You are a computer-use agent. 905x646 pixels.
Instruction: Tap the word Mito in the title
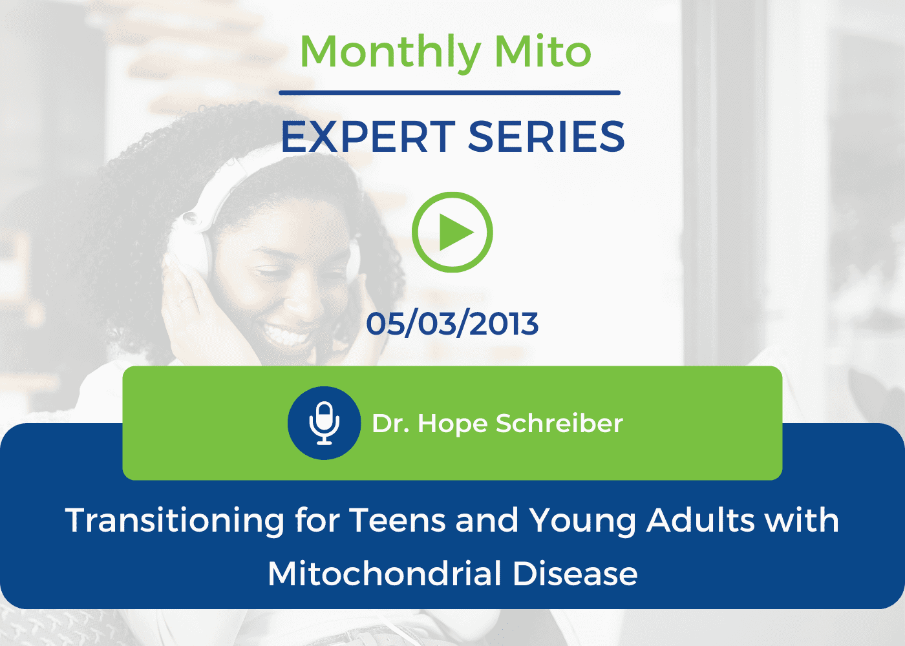[x=542, y=51]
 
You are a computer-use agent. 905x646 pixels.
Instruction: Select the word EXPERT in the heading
[x=368, y=137]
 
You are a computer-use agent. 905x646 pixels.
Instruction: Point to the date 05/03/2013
[x=452, y=324]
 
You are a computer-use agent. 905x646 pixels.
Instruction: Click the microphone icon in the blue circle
[x=324, y=423]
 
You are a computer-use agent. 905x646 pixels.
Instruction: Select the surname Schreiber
[x=559, y=424]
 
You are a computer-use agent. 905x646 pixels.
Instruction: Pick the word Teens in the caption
[x=398, y=521]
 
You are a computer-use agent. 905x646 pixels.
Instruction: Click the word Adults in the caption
[x=700, y=520]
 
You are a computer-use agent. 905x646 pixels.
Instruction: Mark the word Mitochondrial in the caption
[x=385, y=574]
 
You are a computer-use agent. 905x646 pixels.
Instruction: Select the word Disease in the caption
[x=575, y=574]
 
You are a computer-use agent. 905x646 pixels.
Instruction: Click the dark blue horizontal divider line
[x=449, y=93]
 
